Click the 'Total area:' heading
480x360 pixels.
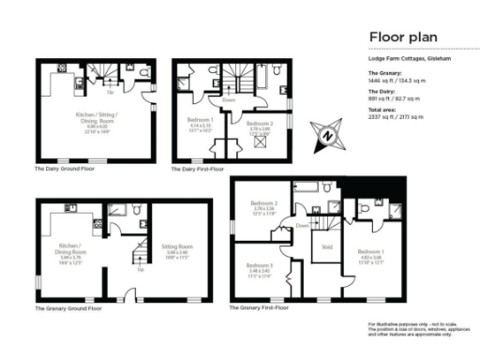tap(382, 110)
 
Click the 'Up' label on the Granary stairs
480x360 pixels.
tap(141, 269)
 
